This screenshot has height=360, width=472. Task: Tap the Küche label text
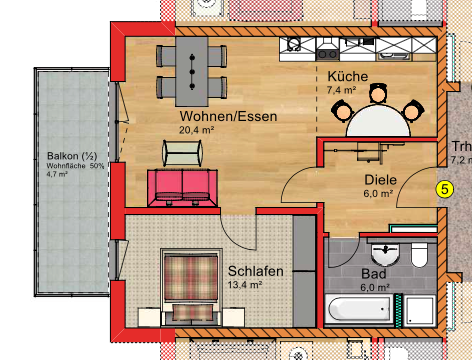[x=347, y=77]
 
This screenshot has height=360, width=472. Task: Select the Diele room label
[x=380, y=181]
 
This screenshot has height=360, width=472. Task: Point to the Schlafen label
[x=255, y=271]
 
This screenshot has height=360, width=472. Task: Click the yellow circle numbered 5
[x=446, y=187]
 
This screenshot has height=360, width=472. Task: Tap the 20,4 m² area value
[x=197, y=130]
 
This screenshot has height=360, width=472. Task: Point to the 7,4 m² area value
[x=341, y=90]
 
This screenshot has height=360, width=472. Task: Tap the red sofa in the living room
[x=183, y=186]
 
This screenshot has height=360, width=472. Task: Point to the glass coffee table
[x=183, y=152]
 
